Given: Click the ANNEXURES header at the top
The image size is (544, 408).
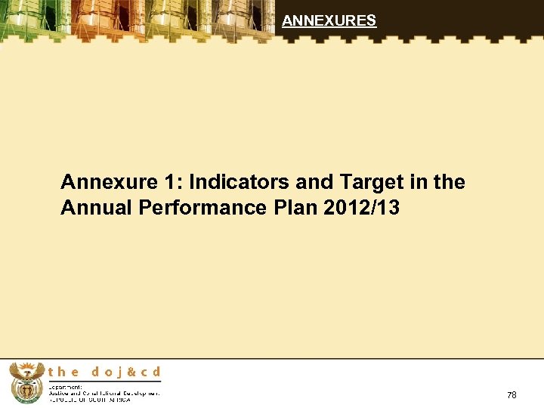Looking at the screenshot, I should (x=329, y=21).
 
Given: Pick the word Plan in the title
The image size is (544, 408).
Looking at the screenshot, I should (x=284, y=208).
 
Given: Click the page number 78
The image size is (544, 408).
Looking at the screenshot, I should (x=512, y=395).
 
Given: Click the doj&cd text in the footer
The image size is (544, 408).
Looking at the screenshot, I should (x=126, y=372).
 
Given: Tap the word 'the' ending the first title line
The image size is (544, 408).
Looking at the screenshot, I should (x=450, y=183).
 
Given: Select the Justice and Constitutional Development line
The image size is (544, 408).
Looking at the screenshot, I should (x=104, y=392).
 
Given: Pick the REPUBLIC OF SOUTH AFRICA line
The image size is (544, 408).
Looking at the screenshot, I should (x=88, y=399).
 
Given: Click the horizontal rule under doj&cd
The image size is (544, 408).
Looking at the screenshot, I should (x=104, y=380).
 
